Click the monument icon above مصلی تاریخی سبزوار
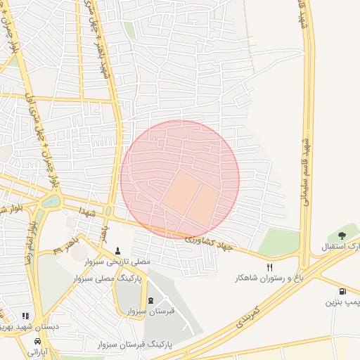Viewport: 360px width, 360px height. (x=117, y=250)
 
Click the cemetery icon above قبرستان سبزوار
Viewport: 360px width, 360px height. (x=151, y=301)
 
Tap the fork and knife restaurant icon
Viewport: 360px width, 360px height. (x=270, y=268)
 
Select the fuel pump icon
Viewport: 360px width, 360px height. (x=342, y=291)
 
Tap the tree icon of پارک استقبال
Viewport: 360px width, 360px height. (x=342, y=236)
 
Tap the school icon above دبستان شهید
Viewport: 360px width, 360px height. (x=26, y=316)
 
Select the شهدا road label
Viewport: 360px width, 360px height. (x=88, y=212)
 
